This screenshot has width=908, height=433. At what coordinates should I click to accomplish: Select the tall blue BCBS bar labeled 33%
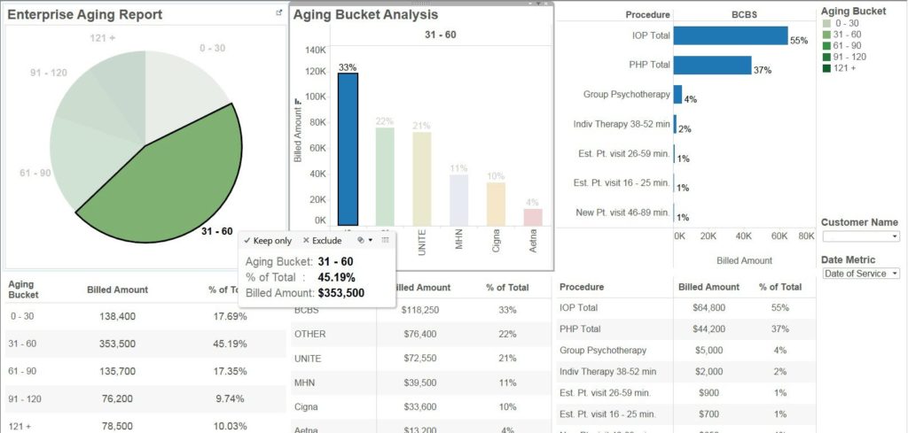tap(348, 149)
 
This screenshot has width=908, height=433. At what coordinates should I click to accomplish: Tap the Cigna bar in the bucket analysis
tap(496, 203)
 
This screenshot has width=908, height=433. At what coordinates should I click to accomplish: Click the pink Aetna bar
tap(533, 216)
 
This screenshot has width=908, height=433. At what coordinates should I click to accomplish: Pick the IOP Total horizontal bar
tap(730, 35)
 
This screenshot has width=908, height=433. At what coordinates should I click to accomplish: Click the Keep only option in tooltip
tap(267, 240)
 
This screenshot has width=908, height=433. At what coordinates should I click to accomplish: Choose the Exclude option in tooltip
tap(322, 240)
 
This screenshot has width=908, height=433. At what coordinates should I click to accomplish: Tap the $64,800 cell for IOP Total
tap(708, 308)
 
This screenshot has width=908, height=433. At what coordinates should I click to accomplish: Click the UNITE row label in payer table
tap(309, 358)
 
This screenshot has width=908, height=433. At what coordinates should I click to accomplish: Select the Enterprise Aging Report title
tap(85, 14)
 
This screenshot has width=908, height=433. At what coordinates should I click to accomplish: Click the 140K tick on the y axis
tap(315, 50)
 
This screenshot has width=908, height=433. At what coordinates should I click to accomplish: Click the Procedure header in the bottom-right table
tap(582, 288)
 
